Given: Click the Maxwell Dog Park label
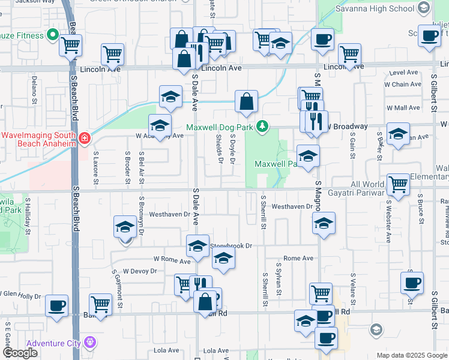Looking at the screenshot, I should (x=220, y=127).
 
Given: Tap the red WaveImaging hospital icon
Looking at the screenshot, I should (x=85, y=139).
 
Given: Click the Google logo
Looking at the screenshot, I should (x=20, y=353).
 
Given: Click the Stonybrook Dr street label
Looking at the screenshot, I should (x=231, y=245).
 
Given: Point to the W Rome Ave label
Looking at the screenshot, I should (x=172, y=260).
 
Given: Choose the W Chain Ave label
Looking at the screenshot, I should (x=404, y=85).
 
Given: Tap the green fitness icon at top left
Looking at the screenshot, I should (x=52, y=35).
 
